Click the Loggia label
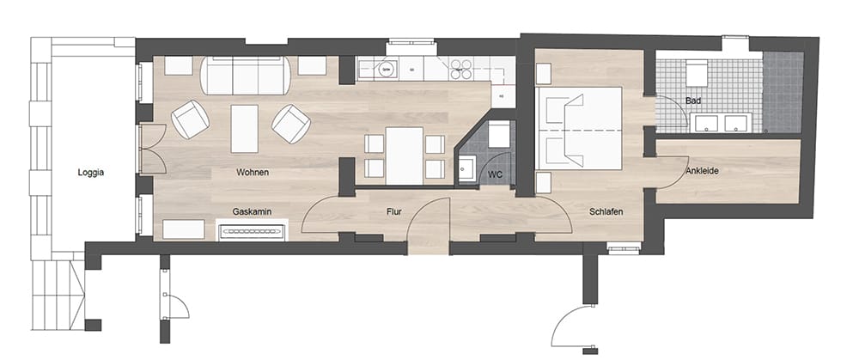[x=91, y=173]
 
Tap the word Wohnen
[x=253, y=172]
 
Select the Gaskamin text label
[x=252, y=211]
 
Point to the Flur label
[x=394, y=211]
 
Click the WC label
[x=495, y=174]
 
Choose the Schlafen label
[x=606, y=211]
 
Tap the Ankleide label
[x=702, y=171]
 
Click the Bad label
[x=692, y=101]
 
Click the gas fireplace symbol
[x=252, y=230]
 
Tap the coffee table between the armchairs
[x=244, y=129]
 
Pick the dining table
[x=405, y=156]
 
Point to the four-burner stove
[x=460, y=70]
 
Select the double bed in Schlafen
[x=580, y=128]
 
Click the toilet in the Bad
[x=697, y=72]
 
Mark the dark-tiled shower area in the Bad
[x=783, y=92]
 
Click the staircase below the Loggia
[x=58, y=295]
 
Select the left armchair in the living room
[x=190, y=119]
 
